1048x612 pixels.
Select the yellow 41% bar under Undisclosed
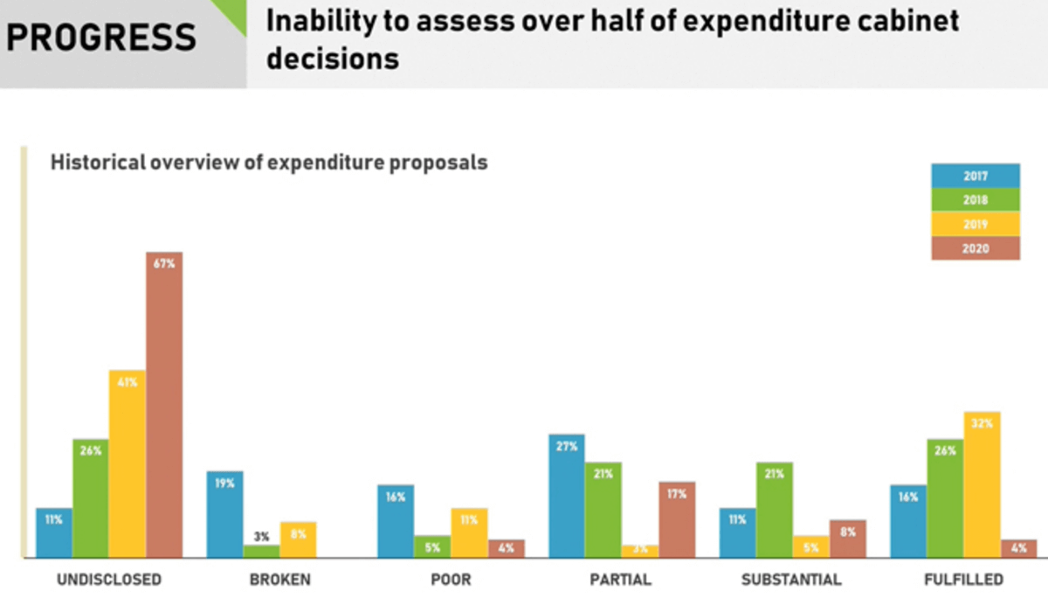coord(128,463)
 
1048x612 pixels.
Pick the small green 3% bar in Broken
coord(261,552)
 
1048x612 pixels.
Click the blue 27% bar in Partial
coord(567,496)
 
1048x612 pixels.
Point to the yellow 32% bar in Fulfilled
coord(982,484)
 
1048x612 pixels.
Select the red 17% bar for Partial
coord(677,519)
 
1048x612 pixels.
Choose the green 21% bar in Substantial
coord(775,510)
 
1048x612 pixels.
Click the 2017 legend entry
coord(976,176)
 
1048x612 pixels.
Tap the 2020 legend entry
coord(976,248)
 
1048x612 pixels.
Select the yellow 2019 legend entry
coord(976,224)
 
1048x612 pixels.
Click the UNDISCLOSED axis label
coord(109,579)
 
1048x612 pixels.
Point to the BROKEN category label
coord(279,579)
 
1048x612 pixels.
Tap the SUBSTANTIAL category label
coord(791,579)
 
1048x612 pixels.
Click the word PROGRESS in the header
coord(102,38)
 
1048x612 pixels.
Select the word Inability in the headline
coord(319,21)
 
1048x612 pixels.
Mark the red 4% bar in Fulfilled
coord(1018,548)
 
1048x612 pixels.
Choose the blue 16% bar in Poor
coord(396,521)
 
